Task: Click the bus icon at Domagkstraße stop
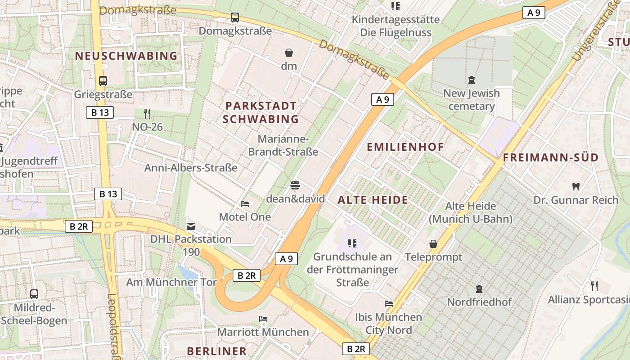click(234, 18)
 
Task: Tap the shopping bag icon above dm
click(289, 53)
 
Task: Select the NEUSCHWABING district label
click(126, 56)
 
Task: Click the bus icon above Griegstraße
click(103, 81)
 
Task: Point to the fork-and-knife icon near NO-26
click(147, 113)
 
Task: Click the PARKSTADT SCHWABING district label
click(261, 112)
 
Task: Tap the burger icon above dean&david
click(295, 185)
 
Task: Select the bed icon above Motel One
click(245, 204)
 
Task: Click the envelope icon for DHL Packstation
click(191, 225)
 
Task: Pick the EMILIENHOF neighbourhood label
click(405, 147)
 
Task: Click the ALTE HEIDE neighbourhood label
click(373, 200)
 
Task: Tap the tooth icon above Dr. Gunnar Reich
click(576, 186)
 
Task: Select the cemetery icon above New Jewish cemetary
click(471, 80)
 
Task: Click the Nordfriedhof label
click(479, 302)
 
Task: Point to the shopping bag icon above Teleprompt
click(433, 244)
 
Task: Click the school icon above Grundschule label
click(352, 243)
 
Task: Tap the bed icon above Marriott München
click(263, 319)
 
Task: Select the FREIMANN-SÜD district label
click(550, 157)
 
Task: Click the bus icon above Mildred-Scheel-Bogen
click(34, 294)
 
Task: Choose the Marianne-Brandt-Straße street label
click(283, 145)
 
